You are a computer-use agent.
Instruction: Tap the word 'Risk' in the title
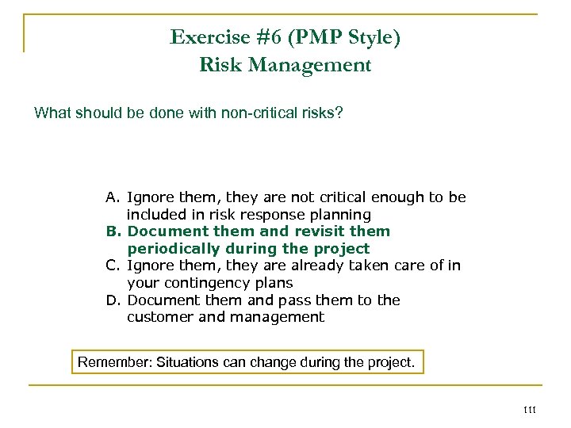[x=221, y=65]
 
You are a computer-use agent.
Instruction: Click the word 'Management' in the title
[x=310, y=65]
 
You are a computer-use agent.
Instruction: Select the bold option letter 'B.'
[x=114, y=231]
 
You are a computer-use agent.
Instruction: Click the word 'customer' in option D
[x=159, y=318]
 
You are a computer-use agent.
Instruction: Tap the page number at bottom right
[x=531, y=409]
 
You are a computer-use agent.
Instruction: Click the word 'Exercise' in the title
[x=204, y=37]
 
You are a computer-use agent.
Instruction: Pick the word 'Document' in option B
[x=165, y=231]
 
